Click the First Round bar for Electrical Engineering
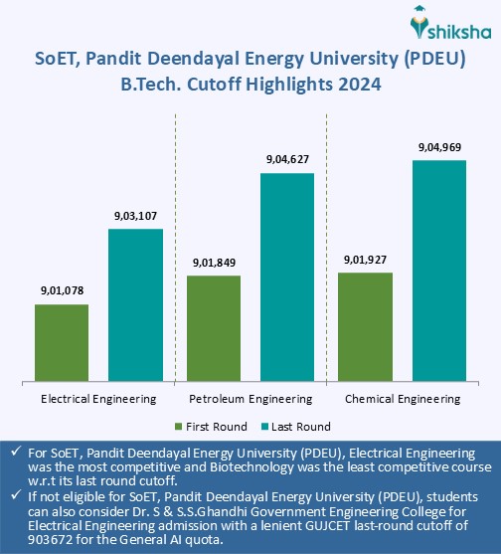62,341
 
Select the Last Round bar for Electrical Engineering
135,304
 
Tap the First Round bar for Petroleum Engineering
214,327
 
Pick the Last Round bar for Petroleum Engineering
287,276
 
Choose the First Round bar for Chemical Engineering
365,325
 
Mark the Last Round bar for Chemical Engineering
438,270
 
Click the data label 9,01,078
62,290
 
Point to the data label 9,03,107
135,215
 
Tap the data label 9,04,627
287,159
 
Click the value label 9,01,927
365,259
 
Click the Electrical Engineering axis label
98,399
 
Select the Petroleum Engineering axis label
250,399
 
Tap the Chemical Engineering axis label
403,399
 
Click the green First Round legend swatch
179,427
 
